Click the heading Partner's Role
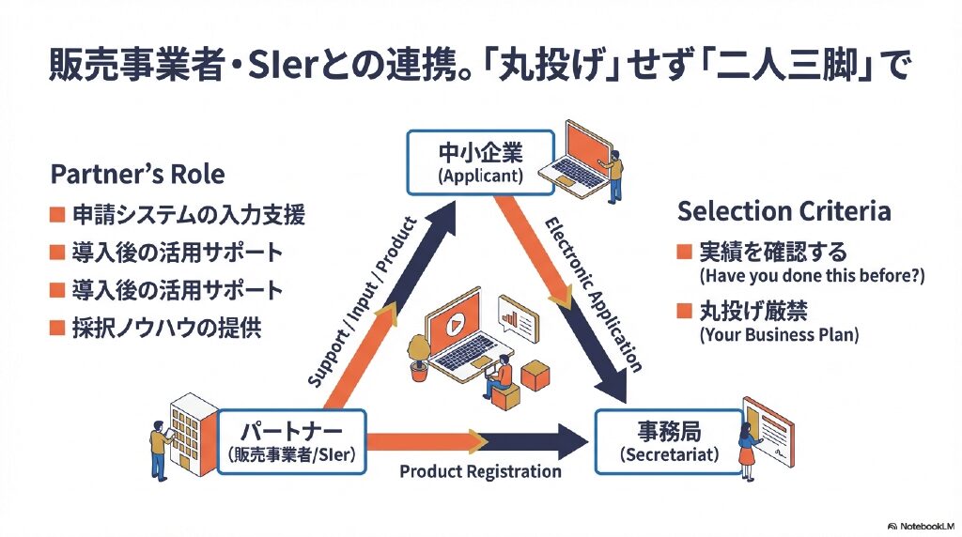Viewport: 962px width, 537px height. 137,176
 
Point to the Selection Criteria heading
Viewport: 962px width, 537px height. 784,210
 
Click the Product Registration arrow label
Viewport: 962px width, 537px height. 480,472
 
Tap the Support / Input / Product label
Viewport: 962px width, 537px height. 361,301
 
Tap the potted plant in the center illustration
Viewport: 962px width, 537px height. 418,358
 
